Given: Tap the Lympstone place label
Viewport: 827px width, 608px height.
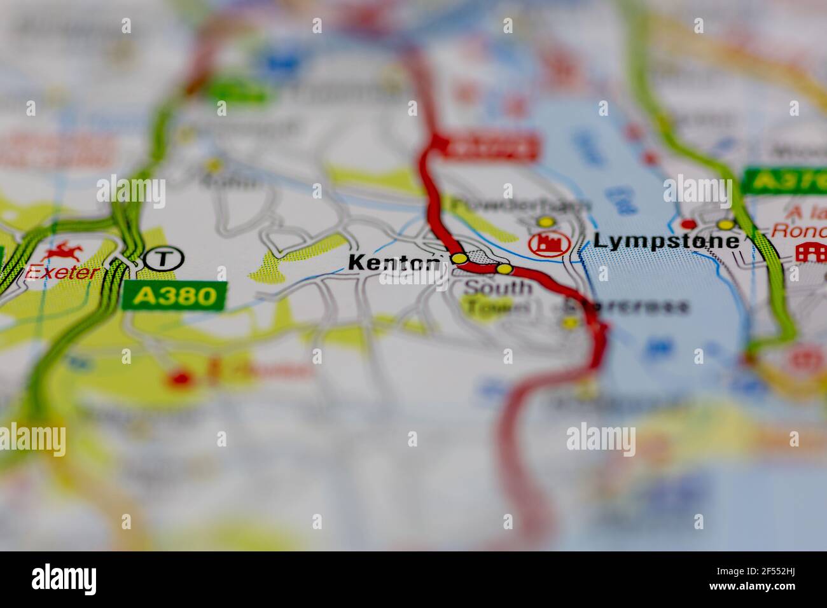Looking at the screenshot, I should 666,241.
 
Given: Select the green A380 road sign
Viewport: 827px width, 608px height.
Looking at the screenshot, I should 174,296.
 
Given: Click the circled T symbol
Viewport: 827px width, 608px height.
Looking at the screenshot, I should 163,258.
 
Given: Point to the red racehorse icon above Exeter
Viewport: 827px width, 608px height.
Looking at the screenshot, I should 63,251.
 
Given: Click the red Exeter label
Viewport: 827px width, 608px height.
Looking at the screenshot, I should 62,273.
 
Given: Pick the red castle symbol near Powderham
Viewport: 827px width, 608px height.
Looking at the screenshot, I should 548,244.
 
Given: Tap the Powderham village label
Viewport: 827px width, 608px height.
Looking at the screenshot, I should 520,205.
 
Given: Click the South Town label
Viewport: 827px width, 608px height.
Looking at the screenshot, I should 497,297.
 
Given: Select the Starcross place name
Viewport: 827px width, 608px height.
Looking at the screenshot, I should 627,307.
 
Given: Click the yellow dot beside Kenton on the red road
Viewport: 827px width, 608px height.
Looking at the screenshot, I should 459,258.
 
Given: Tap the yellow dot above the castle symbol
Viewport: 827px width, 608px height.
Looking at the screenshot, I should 545,222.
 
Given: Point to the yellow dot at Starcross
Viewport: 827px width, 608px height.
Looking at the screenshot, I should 570,323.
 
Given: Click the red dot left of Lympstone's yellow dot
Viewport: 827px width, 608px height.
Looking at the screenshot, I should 688,224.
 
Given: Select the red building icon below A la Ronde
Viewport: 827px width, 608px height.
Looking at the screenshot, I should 810,252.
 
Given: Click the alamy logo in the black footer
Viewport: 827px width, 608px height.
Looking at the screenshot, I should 64,579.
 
